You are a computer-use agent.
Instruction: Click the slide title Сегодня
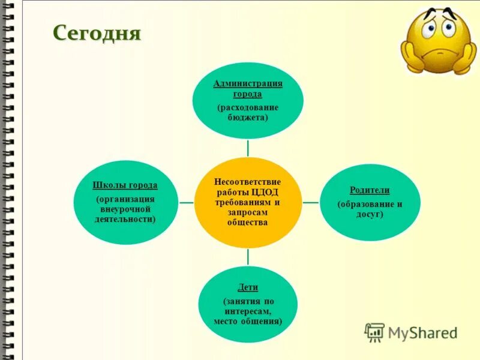pos(97,32)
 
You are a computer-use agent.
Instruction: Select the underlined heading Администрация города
pos(248,88)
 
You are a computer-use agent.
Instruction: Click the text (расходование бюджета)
pos(248,112)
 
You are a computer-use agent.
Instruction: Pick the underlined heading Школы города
pos(125,185)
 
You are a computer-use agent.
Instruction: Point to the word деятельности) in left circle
pos(125,220)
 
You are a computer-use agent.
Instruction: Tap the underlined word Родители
pos(370,190)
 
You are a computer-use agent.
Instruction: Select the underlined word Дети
pos(248,287)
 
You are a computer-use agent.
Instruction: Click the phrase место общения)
pos(248,321)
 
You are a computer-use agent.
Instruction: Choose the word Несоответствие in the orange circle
pos(248,181)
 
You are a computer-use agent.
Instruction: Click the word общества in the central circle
pos(248,223)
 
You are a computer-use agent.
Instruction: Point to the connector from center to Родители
pos(310,202)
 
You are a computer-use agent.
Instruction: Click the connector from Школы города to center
pos(186,202)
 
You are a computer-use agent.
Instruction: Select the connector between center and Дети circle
pos(248,256)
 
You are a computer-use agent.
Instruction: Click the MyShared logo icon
pos(374,332)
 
